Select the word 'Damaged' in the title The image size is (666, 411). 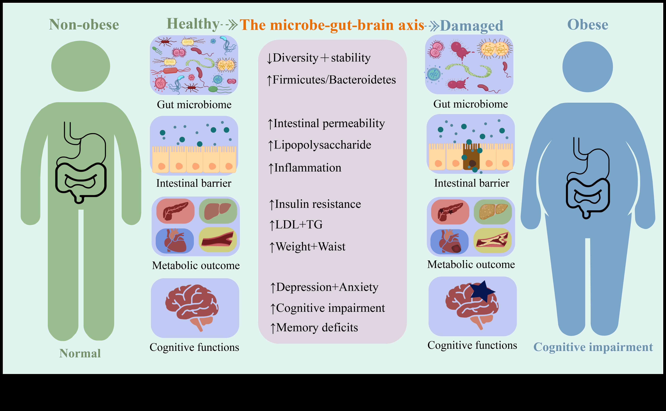coord(472,26)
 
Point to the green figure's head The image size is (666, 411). coord(81,66)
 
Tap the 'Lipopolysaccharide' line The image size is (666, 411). coord(322,145)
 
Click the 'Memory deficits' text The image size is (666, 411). coord(317,327)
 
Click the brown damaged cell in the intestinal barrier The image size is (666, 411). coord(471,157)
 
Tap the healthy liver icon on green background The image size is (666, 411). coord(218,211)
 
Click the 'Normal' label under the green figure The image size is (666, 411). coord(80,353)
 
